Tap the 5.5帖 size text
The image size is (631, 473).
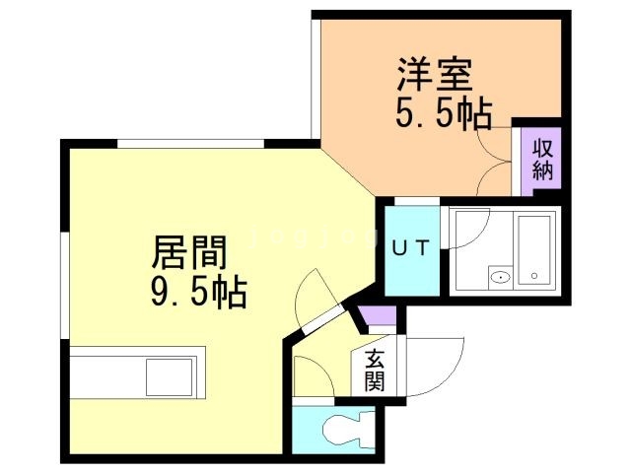point(444,113)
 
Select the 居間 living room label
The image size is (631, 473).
point(189,252)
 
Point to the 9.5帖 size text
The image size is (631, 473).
point(199,291)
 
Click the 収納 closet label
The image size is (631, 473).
point(543,161)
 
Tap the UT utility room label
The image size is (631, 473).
point(411,247)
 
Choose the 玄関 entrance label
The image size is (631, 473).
point(375,371)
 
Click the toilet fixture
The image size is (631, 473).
point(348,430)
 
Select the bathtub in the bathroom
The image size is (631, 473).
point(534,249)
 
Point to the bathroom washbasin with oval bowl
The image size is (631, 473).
point(501,277)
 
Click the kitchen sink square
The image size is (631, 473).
point(169,376)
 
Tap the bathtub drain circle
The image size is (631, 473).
point(534,276)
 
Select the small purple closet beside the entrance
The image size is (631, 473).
point(377,315)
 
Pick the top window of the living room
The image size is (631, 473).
point(190,144)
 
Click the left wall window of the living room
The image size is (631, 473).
point(65,285)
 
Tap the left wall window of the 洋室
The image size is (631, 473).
point(315,79)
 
